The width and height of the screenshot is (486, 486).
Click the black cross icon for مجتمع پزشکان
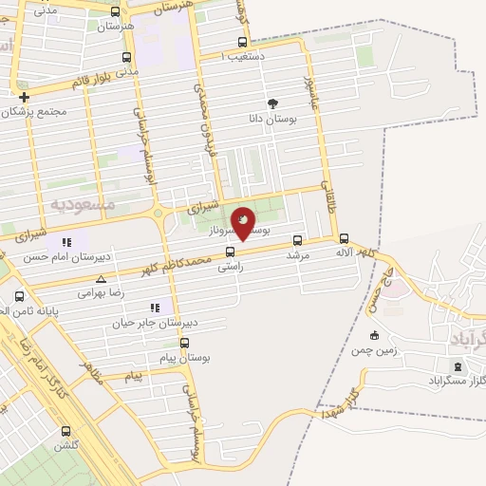(25, 97)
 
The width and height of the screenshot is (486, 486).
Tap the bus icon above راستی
(230, 252)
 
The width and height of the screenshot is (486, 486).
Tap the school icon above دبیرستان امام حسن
(67, 241)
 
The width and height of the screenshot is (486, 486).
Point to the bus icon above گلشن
(65, 430)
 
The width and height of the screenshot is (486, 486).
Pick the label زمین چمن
(374, 350)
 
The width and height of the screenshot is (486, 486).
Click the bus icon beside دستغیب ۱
(244, 43)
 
